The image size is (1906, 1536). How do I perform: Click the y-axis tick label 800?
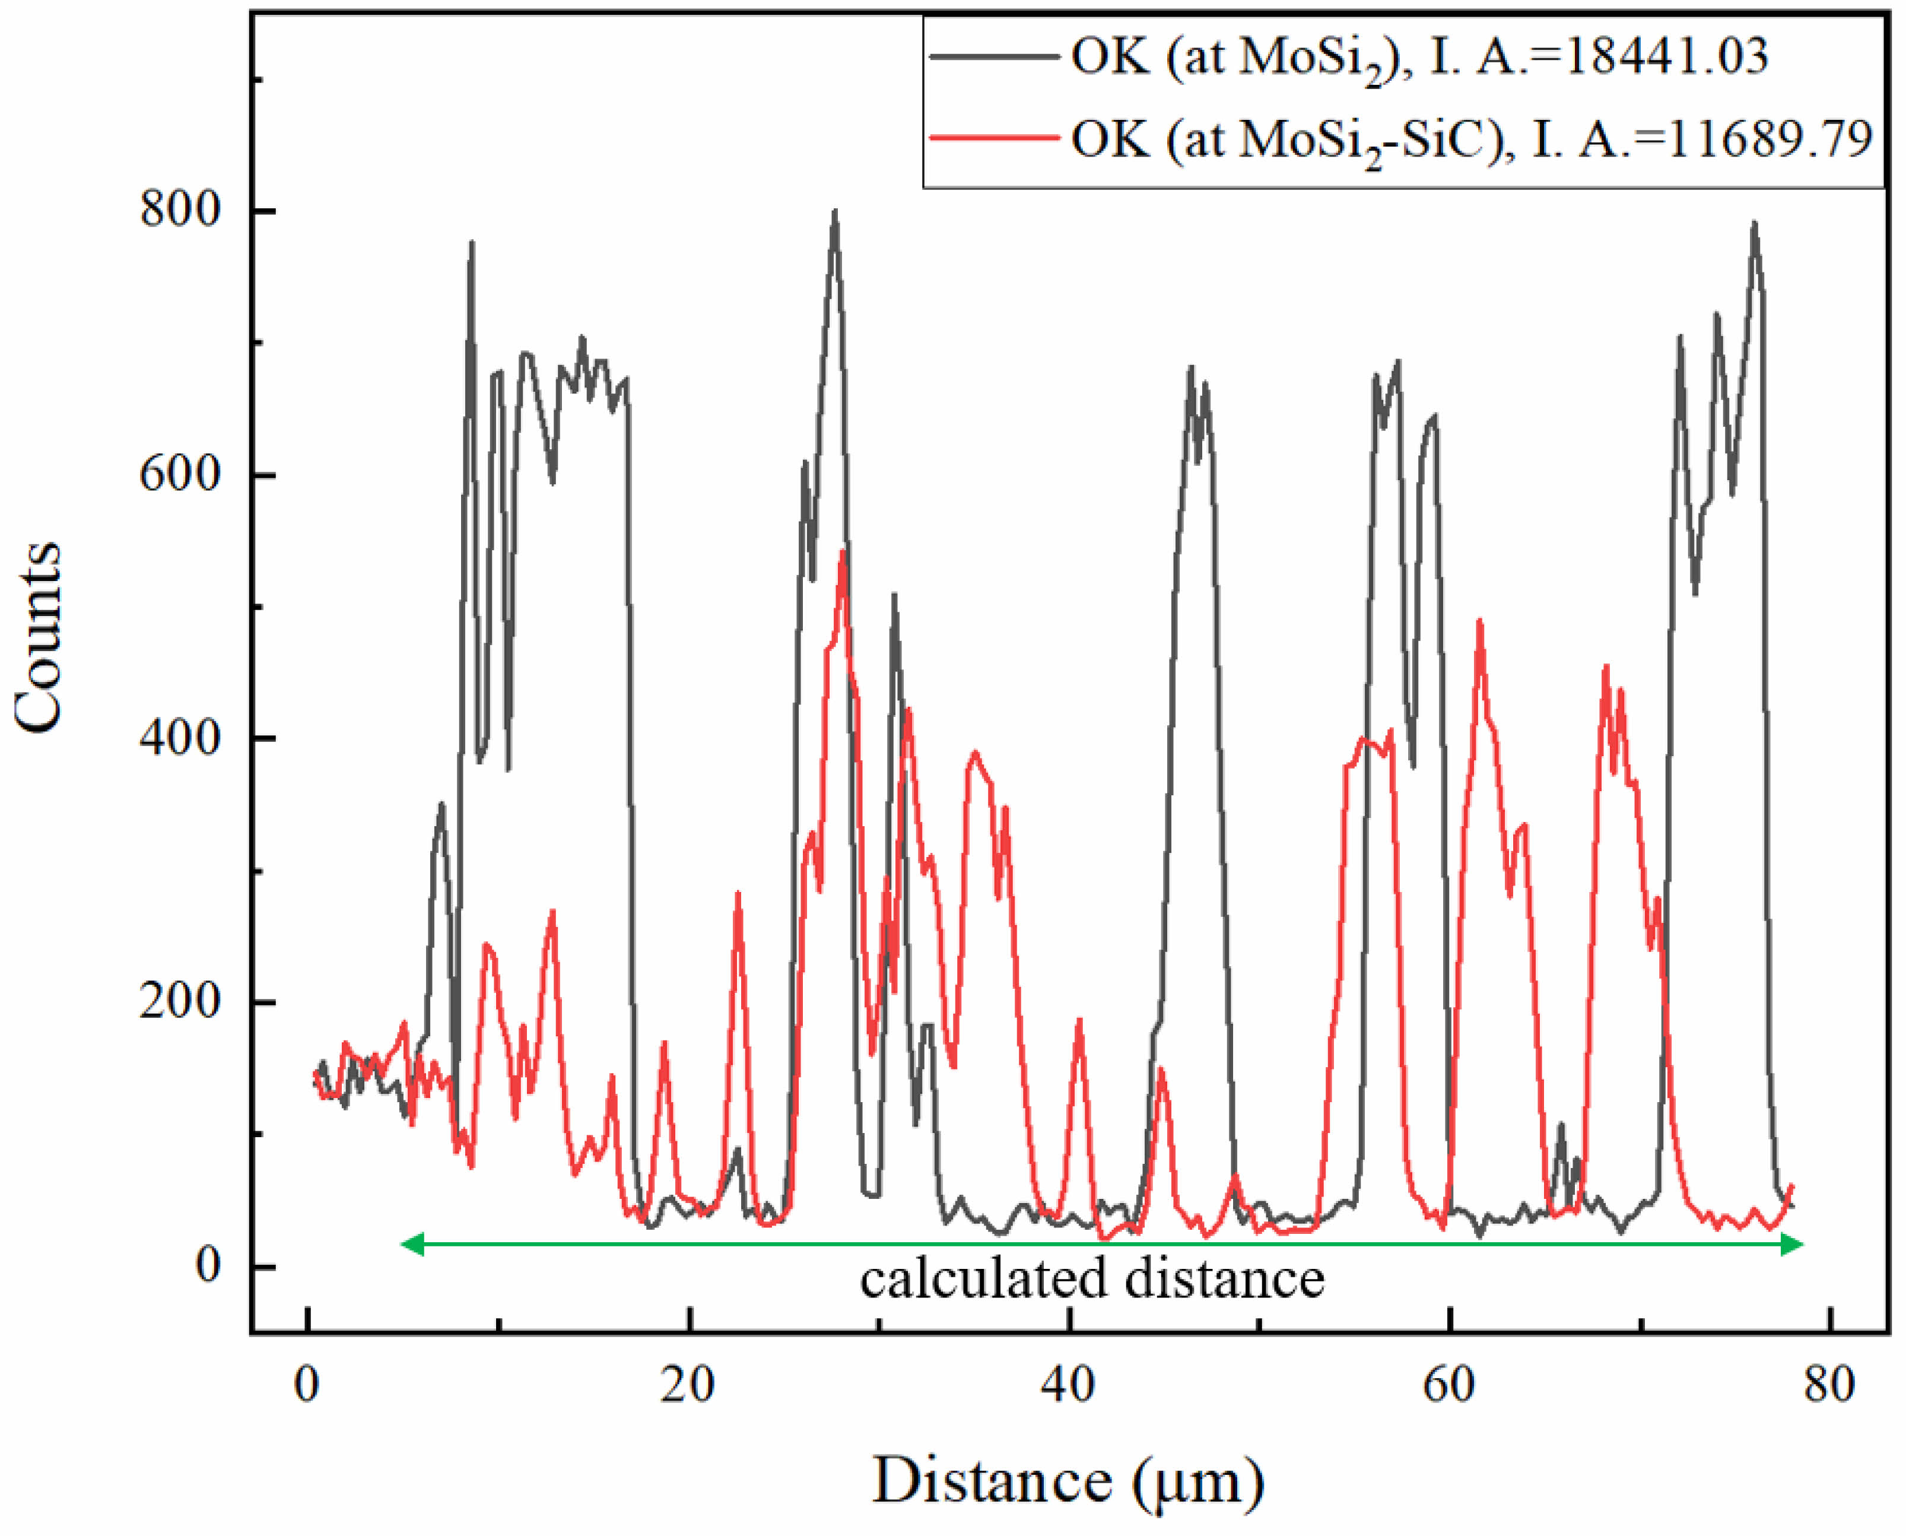tap(180, 211)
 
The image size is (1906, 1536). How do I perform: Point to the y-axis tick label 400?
tap(180, 737)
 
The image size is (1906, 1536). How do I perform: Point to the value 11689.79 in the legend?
tap(1771, 139)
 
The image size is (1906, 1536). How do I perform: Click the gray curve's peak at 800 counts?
tap(835, 212)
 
